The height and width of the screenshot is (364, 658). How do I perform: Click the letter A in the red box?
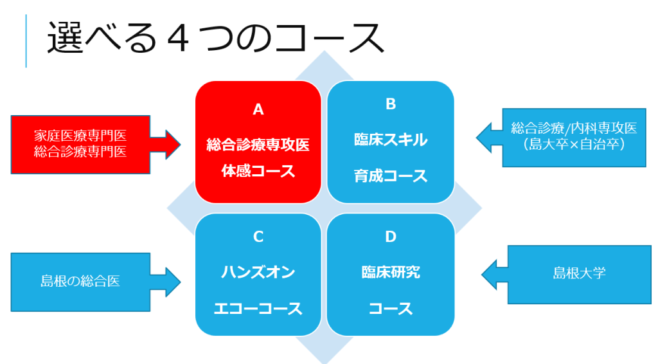point(258,109)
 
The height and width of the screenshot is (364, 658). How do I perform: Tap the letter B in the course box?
point(391,104)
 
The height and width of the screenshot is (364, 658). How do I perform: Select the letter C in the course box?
point(258,237)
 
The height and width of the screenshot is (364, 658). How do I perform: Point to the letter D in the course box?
point(391,237)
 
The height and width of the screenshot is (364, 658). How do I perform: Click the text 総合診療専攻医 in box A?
point(258,145)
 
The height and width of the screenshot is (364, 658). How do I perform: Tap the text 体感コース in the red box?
point(258,171)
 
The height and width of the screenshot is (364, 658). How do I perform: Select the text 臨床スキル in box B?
point(391,140)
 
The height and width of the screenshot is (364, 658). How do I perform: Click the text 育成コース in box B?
point(391,176)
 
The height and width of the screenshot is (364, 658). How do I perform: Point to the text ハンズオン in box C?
point(258,273)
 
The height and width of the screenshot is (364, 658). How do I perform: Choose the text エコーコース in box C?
point(258,309)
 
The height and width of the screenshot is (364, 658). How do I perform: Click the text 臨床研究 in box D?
point(391,273)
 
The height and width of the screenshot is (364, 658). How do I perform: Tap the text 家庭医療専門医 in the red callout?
point(80,136)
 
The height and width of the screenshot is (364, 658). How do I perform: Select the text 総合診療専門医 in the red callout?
point(80,152)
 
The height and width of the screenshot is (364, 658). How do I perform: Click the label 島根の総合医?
point(80,281)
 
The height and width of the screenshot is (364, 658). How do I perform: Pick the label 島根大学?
point(579,273)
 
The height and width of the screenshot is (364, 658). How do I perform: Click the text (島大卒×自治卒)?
point(574,145)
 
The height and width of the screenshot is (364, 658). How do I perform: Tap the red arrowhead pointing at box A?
point(173,145)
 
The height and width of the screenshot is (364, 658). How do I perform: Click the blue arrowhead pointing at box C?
point(173,282)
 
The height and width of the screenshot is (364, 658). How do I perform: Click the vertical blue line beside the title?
point(26,41)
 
